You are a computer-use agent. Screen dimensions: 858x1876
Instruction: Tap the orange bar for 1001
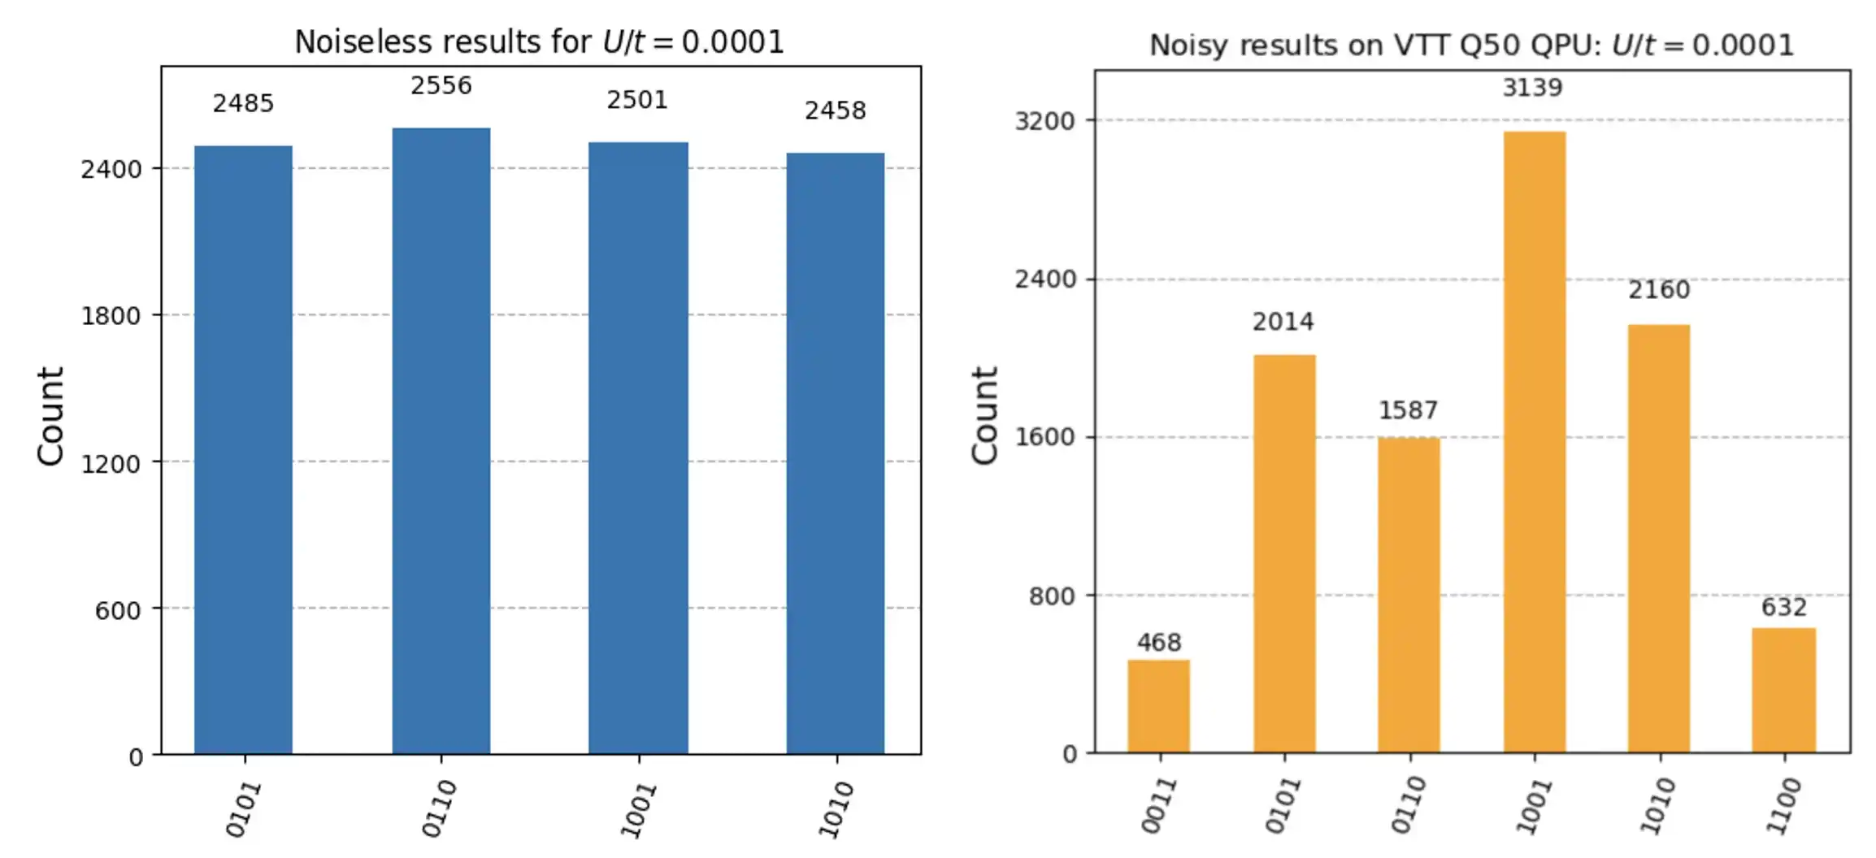coord(1534,443)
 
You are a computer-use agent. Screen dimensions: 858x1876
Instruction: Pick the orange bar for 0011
coord(1158,706)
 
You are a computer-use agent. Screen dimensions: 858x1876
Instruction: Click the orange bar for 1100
coord(1783,690)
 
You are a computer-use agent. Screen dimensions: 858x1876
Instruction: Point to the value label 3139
coord(1532,88)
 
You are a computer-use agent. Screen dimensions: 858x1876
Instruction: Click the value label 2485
coord(243,104)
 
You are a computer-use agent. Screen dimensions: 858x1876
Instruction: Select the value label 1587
coord(1408,410)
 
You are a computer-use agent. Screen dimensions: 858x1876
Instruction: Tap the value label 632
coord(1783,608)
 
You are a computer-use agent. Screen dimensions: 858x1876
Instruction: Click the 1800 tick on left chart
coord(111,316)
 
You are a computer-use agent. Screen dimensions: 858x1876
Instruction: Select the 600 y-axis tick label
coord(118,610)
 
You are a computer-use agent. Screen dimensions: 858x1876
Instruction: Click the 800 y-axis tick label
coord(1051,596)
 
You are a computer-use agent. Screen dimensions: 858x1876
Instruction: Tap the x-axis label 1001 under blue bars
coord(639,809)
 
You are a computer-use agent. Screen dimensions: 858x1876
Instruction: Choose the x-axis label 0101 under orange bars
coord(1283,805)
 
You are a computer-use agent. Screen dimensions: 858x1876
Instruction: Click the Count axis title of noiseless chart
coord(50,415)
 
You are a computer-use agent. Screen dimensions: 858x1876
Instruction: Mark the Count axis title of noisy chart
coord(984,415)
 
